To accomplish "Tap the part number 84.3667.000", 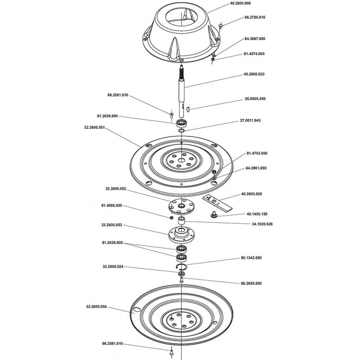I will coord(255,39).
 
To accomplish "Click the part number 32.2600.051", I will coord(94,127).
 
